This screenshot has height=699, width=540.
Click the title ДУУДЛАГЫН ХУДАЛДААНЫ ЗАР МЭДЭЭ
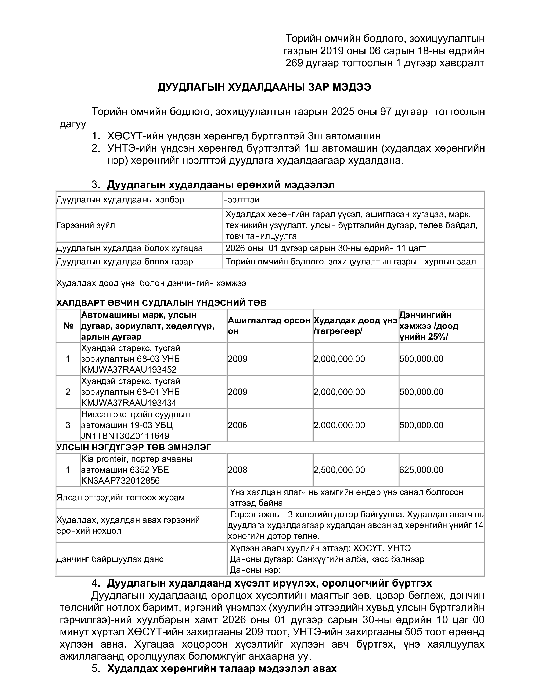pos(264,87)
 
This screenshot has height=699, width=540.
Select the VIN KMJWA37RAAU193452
pos(129,370)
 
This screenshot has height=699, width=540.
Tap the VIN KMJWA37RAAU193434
pos(129,403)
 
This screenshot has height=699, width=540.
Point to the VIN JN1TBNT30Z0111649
pos(125,436)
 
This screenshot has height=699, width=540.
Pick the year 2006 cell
pos(238,425)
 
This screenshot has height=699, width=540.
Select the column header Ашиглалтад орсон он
pos(269,326)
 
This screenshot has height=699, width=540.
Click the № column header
pos(68,326)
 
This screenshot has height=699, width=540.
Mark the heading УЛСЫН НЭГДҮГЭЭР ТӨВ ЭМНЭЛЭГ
pos(134,447)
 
